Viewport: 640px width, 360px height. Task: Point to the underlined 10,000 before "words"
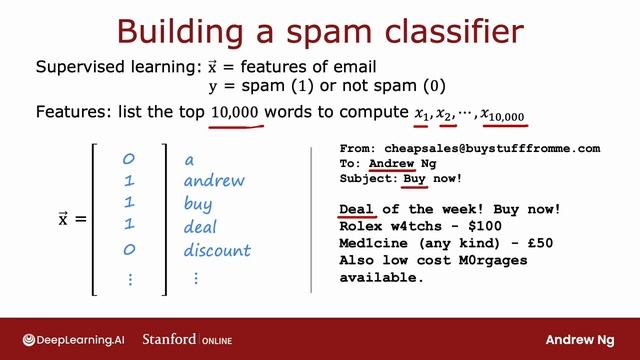click(x=236, y=114)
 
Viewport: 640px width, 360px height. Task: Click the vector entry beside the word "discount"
click(x=129, y=249)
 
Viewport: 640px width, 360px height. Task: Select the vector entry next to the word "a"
click(x=129, y=159)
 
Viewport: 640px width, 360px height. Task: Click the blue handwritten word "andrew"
click(x=216, y=181)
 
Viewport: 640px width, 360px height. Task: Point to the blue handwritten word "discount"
click(x=217, y=249)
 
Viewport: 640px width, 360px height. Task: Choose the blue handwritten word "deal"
click(x=203, y=226)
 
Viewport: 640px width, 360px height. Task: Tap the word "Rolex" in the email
click(x=361, y=226)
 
